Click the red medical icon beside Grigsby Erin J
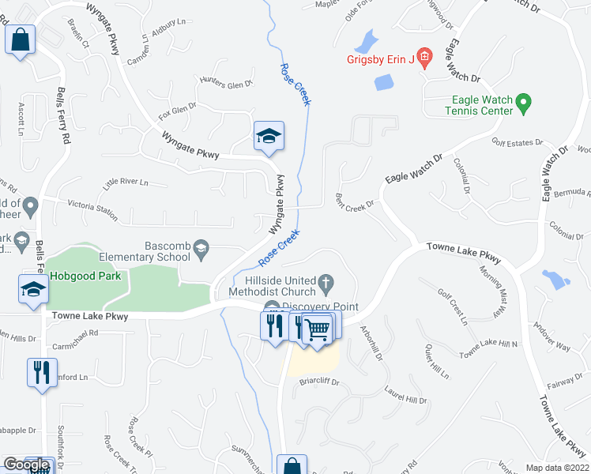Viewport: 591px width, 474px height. (x=424, y=57)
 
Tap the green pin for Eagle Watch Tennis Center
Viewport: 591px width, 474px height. (x=522, y=103)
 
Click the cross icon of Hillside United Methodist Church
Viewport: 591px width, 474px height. (x=324, y=282)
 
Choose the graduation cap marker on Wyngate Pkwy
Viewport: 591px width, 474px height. (x=268, y=137)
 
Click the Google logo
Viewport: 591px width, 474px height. (x=26, y=465)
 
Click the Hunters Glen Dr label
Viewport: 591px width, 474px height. (x=225, y=83)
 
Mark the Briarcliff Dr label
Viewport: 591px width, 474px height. (x=319, y=382)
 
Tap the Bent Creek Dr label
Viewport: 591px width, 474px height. (x=353, y=201)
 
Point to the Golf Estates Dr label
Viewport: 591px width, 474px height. (x=517, y=142)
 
